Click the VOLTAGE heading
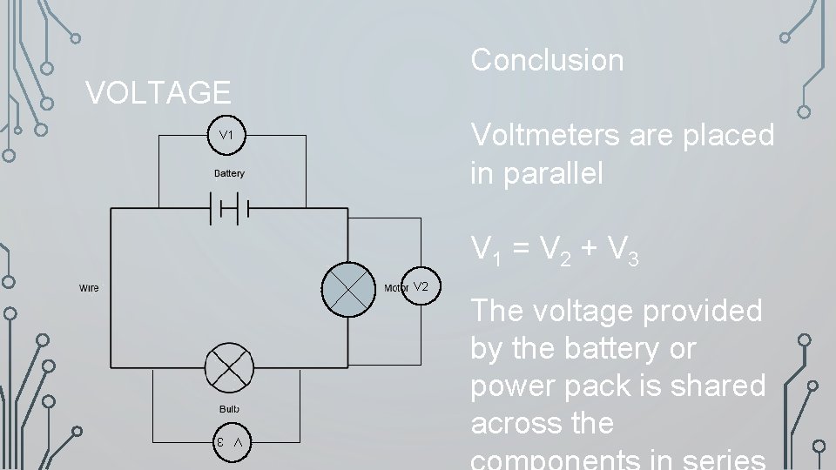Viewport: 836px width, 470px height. (x=158, y=92)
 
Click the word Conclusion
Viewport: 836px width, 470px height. (x=547, y=60)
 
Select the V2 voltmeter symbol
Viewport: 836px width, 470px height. (x=421, y=286)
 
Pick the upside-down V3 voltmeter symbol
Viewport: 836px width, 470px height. (x=232, y=442)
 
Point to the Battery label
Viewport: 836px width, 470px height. (x=230, y=173)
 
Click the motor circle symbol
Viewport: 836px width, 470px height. (x=347, y=287)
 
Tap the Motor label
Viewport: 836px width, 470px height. (x=395, y=288)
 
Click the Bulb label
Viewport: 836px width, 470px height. (x=230, y=409)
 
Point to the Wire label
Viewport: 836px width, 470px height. (x=89, y=288)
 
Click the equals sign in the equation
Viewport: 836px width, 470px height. (x=522, y=250)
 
